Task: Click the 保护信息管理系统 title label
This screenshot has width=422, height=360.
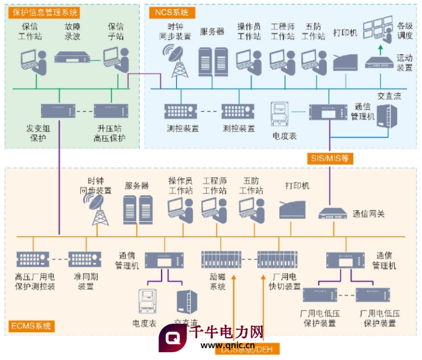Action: point(45,12)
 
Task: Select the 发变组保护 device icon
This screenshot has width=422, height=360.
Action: point(58,111)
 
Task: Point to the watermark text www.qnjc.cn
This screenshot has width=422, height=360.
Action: point(227,346)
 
